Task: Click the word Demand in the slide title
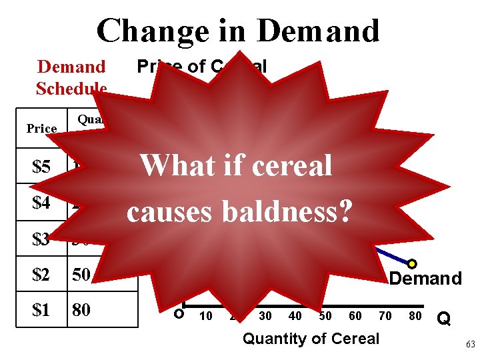pyautogui.click(x=318, y=31)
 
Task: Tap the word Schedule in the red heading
pyautogui.click(x=71, y=89)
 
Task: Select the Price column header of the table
pyautogui.click(x=41, y=128)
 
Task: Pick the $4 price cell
pyautogui.click(x=41, y=203)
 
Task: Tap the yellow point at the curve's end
pyautogui.click(x=412, y=264)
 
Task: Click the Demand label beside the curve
pyautogui.click(x=425, y=279)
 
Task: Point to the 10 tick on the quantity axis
pyautogui.click(x=206, y=316)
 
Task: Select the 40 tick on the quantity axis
pyautogui.click(x=295, y=316)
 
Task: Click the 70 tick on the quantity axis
pyautogui.click(x=385, y=316)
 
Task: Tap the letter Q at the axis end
pyautogui.click(x=442, y=319)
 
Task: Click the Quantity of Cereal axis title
pyautogui.click(x=311, y=339)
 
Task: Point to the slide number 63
pyautogui.click(x=469, y=345)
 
